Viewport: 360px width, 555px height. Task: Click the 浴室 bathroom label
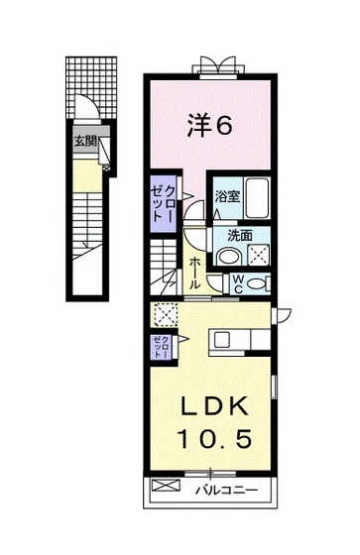coord(227,196)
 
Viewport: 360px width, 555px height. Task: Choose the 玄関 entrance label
coord(84,141)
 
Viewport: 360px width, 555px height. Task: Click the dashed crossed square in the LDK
coord(164,315)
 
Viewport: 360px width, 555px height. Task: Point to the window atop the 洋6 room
coord(216,67)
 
